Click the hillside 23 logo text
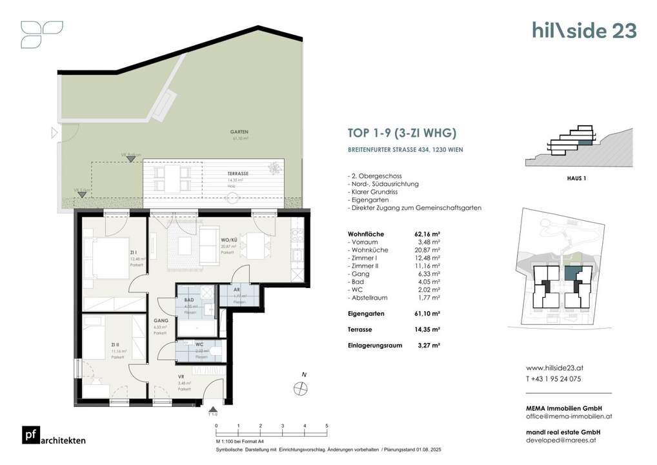[x=584, y=30]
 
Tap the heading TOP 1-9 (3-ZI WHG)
[x=402, y=134]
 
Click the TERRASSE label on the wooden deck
[x=238, y=174]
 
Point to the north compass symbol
[x=299, y=387]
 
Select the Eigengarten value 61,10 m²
[x=427, y=313]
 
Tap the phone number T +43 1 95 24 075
[x=554, y=379]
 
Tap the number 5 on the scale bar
[x=327, y=426]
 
